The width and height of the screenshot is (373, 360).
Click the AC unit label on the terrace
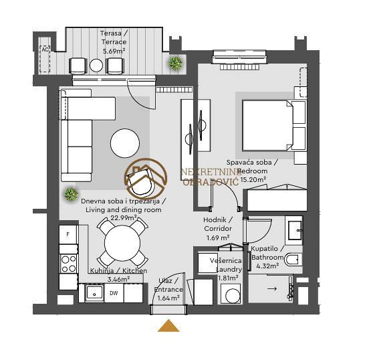coord(45,50)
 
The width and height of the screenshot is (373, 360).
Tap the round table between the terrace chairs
coord(96,65)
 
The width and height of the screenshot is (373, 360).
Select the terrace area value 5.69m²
coord(114,51)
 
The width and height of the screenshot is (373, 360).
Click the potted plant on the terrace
coord(175,63)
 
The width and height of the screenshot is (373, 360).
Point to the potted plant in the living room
coord(71,194)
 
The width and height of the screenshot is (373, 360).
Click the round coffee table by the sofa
coord(125,143)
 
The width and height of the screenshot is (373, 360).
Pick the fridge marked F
coord(68,234)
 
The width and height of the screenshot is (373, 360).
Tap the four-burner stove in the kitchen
coord(68,264)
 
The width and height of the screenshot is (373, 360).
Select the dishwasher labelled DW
coord(114,293)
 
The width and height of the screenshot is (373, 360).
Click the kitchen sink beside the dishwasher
coord(94,292)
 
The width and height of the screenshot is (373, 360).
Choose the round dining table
coord(122,243)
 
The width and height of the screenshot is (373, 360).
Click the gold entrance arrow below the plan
coord(168,325)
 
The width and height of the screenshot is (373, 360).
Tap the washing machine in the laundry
coord(231,293)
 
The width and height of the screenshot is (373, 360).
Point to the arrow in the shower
coord(272,289)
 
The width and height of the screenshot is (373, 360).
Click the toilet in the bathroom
coord(293,260)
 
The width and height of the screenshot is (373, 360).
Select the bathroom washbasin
coord(295,230)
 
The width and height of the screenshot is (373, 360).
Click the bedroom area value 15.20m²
coord(253,179)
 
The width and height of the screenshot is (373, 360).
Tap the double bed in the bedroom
coord(273,126)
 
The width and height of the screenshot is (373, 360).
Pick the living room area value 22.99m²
coord(124,217)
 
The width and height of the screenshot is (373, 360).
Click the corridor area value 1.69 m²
coord(218,238)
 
